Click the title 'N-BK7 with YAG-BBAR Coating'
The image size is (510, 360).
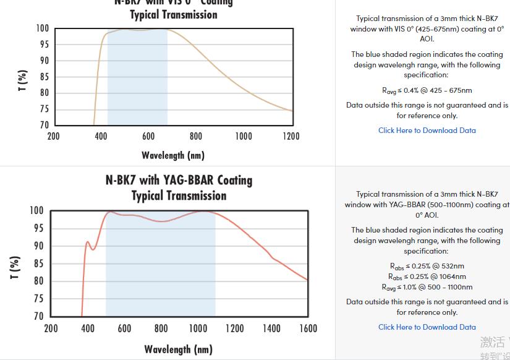(x=179, y=180)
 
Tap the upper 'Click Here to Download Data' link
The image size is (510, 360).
(x=427, y=131)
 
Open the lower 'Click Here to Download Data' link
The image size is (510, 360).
(x=427, y=327)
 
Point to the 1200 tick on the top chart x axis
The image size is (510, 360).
(x=291, y=136)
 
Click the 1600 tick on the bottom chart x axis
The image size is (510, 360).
(x=308, y=328)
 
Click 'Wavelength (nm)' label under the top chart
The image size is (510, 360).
(x=172, y=155)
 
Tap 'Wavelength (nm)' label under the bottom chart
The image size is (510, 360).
(x=178, y=349)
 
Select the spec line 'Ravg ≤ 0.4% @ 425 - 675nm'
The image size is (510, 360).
(x=427, y=90)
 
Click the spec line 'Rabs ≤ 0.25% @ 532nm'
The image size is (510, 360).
(x=427, y=267)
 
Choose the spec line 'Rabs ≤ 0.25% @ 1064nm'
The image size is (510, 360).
(x=427, y=276)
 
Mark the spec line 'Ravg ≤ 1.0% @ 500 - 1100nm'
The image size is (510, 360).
(x=427, y=287)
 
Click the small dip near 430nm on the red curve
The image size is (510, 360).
(x=93, y=249)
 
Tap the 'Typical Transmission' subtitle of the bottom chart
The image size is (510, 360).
(x=179, y=195)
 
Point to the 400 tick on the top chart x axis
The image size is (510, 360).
(x=101, y=136)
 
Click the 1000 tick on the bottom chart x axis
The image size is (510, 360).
(x=198, y=328)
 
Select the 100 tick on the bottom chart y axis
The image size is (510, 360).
(x=36, y=211)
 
